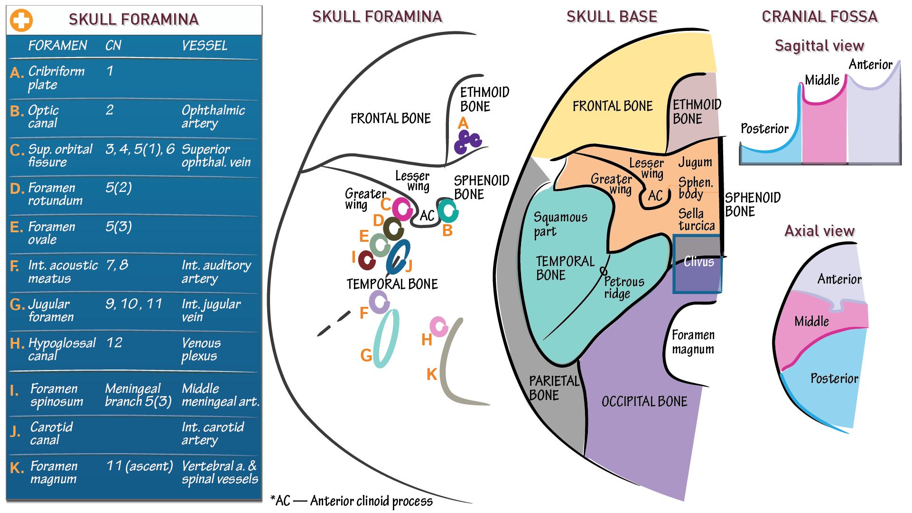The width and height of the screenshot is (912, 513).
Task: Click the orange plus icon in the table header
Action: pos(21,20)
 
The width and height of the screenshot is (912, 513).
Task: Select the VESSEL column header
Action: pos(205,46)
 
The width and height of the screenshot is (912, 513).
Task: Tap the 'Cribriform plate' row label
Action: pos(56,78)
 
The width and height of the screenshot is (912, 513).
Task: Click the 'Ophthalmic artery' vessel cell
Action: pos(213,116)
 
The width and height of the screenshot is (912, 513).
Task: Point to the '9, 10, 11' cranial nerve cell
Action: pos(134,304)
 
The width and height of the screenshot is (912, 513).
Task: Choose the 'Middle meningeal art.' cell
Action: pos(220,395)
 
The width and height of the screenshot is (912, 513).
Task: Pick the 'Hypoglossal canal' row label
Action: pos(62,349)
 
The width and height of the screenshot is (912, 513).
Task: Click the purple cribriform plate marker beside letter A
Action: pos(467,142)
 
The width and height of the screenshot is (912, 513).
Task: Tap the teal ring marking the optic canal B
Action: pos(447,210)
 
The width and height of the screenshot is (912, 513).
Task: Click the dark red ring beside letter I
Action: pos(367,260)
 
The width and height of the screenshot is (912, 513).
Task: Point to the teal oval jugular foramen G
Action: pos(386,338)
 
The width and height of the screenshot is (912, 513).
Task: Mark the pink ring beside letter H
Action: pos(438,327)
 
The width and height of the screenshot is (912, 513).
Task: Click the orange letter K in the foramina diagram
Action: pos(431,374)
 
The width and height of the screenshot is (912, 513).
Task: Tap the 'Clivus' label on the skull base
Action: pos(698,262)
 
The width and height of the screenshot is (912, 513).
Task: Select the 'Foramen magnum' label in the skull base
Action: pos(693,342)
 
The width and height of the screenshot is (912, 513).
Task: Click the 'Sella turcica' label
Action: pos(696,219)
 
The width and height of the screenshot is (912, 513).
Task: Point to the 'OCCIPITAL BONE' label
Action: pos(644,402)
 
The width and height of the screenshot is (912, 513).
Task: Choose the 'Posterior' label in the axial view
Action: pos(834,379)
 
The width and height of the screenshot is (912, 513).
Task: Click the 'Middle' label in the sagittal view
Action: pos(822,80)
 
